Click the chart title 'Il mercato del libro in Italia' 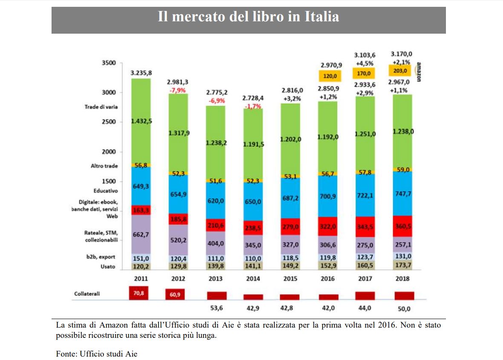click(248, 17)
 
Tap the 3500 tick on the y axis click(109, 63)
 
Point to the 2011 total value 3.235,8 click(141, 73)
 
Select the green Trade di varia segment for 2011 click(141, 121)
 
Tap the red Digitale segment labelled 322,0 click(328, 226)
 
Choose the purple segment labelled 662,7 click(141, 234)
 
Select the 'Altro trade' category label click(104, 166)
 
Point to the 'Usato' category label click(108, 267)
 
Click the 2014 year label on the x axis click(253, 279)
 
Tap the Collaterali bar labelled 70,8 click(139, 293)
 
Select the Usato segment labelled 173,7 click(402, 265)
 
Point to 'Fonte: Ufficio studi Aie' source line click(97, 354)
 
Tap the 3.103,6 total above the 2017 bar click(365, 55)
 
